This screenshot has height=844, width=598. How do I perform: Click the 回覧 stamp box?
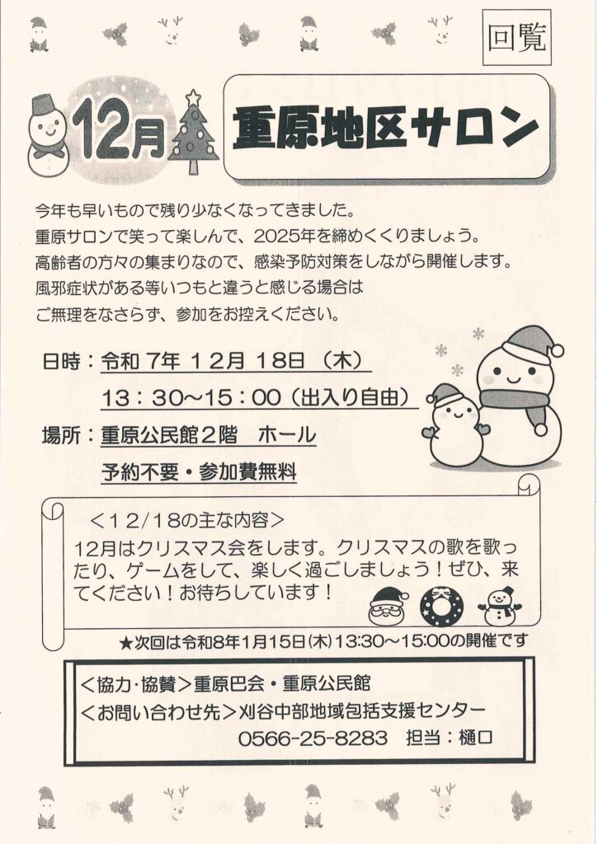(516, 38)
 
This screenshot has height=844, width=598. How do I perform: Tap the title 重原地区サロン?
(386, 128)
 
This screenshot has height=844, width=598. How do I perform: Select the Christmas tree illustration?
(193, 133)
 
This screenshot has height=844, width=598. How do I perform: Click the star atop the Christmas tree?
(193, 97)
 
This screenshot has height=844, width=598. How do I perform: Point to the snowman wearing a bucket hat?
(48, 137)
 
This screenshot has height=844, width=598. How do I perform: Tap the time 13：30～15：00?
(191, 398)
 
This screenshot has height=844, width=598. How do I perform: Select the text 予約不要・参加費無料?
(200, 472)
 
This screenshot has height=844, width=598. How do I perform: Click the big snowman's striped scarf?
(517, 405)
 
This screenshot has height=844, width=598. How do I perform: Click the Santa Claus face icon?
(388, 607)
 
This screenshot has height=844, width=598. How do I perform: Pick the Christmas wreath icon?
(441, 607)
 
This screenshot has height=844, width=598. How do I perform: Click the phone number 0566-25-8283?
(313, 738)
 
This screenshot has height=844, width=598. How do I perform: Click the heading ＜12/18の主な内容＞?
(186, 521)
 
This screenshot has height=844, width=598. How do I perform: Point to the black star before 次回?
(126, 641)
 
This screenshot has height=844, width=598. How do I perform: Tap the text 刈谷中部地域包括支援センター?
(361, 710)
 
